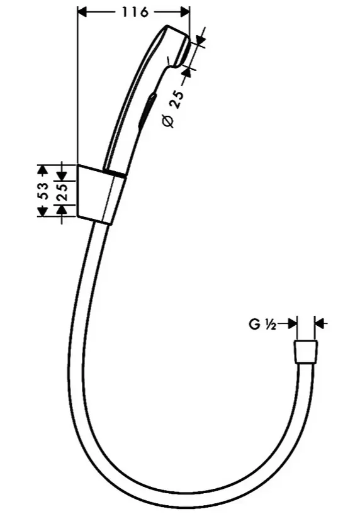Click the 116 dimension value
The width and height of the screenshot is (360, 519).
tap(135, 12)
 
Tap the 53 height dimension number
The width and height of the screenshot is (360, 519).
tap(43, 191)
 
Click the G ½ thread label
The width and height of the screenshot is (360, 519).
tap(262, 324)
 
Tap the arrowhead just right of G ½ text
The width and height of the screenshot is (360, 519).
tap(293, 323)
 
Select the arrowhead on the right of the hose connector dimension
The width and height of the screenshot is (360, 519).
tap(319, 323)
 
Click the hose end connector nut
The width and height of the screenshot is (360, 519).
tap(305, 352)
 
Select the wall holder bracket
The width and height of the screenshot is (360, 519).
tap(101, 194)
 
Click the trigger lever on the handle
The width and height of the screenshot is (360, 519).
tap(147, 109)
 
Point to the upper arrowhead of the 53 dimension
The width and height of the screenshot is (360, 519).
tap(42, 169)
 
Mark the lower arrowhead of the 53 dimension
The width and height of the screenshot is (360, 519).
tap(42, 212)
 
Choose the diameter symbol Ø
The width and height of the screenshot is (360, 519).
tap(168, 121)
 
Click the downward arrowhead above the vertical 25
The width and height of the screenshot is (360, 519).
tap(62, 176)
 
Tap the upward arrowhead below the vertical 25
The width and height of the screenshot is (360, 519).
tap(62, 209)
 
